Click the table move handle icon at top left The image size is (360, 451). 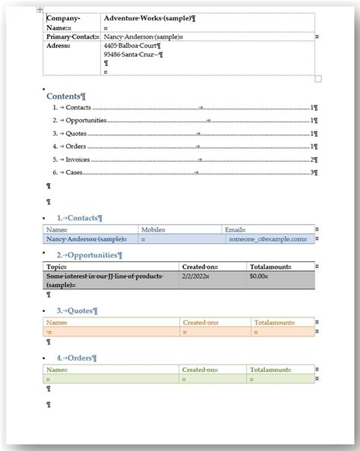click(x=40, y=9)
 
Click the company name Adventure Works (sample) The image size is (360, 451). click(x=149, y=17)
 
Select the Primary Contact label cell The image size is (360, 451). click(x=72, y=36)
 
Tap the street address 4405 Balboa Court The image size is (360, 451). click(x=134, y=46)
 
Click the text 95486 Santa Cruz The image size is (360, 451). click(x=133, y=55)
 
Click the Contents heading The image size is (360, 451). click(x=66, y=96)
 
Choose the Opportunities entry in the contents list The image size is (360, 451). click(x=85, y=120)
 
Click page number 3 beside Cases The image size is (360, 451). click(x=312, y=172)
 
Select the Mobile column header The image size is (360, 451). click(x=153, y=229)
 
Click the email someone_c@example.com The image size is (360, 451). click(x=268, y=238)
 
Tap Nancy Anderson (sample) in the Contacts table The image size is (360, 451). click(x=84, y=238)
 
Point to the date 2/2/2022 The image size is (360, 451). click(x=193, y=276)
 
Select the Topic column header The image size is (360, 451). click(x=57, y=267)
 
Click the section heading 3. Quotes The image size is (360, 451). click(x=77, y=311)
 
